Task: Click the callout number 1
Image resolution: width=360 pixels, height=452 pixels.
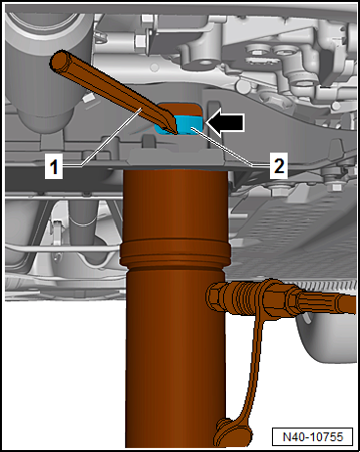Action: [54, 167]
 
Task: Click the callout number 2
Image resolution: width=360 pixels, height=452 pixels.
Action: [279, 165]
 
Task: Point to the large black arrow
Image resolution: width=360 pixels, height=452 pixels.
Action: [225, 122]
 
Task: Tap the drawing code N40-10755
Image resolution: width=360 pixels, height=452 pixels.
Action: [313, 436]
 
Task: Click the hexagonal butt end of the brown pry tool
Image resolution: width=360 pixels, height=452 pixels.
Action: [60, 61]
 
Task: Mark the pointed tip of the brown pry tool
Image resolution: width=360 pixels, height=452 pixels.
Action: [175, 132]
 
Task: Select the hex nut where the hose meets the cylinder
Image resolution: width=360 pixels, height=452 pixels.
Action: [216, 296]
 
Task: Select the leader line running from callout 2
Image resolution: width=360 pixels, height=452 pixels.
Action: [222, 148]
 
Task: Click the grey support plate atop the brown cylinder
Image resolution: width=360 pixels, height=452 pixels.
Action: [177, 158]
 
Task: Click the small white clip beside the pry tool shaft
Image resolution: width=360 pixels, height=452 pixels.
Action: [87, 98]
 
